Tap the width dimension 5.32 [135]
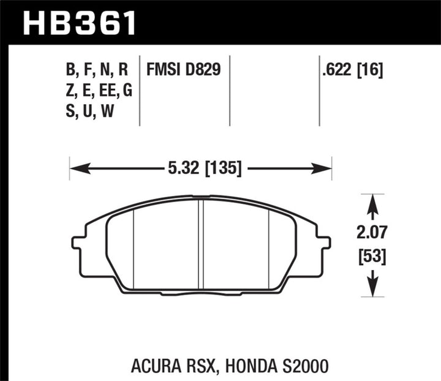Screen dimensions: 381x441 (x=201, y=167)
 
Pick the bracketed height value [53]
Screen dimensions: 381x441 (x=372, y=257)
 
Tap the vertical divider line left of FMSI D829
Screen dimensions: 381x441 (x=141, y=92)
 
